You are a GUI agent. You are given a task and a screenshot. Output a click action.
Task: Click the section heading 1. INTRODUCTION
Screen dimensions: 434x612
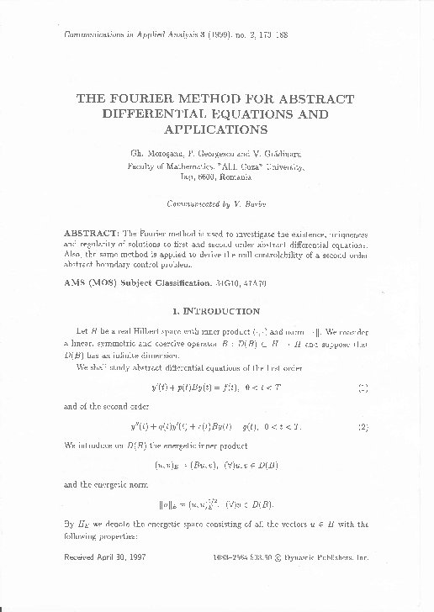coord(216,311)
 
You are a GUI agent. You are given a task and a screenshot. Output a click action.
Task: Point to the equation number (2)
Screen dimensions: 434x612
coord(363,426)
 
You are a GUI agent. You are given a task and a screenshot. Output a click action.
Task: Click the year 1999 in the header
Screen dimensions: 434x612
coord(218,40)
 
